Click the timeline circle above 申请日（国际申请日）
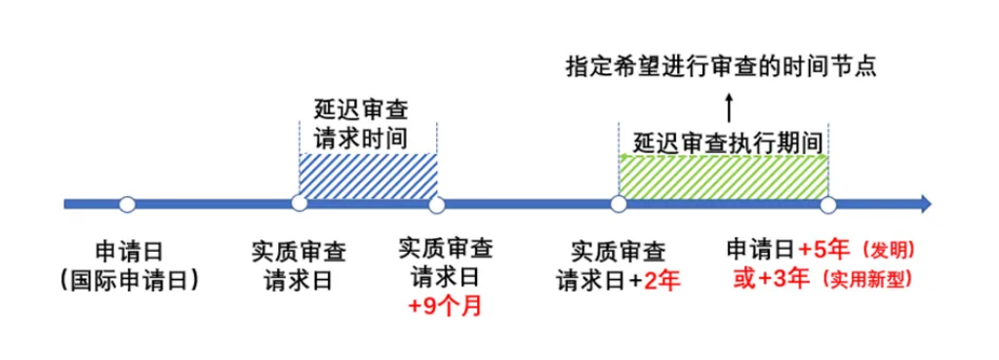pos(127,204)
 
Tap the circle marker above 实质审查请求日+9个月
pos(436,204)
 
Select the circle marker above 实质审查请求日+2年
pos(618,204)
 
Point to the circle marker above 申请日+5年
pos(827,204)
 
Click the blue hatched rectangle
pos(368,177)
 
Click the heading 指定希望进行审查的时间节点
pos(723,67)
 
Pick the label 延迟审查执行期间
pos(723,139)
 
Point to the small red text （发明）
pos(887,248)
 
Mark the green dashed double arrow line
pos(723,156)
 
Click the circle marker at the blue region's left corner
pos(300,204)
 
